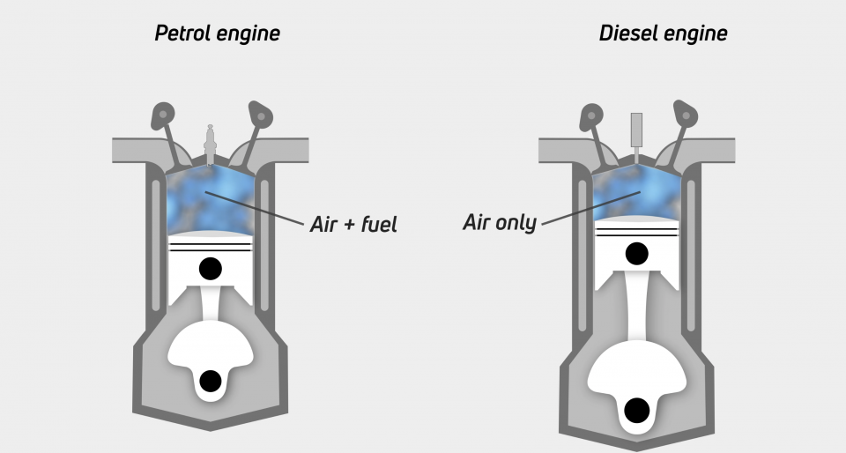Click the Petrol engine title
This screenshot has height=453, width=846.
(x=217, y=34)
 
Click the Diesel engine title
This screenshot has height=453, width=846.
(x=663, y=34)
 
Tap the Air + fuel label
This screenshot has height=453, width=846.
(x=353, y=224)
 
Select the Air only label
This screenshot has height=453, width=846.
(x=499, y=222)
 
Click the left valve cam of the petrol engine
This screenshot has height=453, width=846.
(x=163, y=115)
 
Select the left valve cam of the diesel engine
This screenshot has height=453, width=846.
(x=590, y=115)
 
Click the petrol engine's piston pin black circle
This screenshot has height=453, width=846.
(x=210, y=268)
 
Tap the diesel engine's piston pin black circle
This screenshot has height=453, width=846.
(x=636, y=254)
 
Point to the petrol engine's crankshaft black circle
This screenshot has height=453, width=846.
(x=210, y=381)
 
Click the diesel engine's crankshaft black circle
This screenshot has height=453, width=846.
(x=636, y=410)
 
